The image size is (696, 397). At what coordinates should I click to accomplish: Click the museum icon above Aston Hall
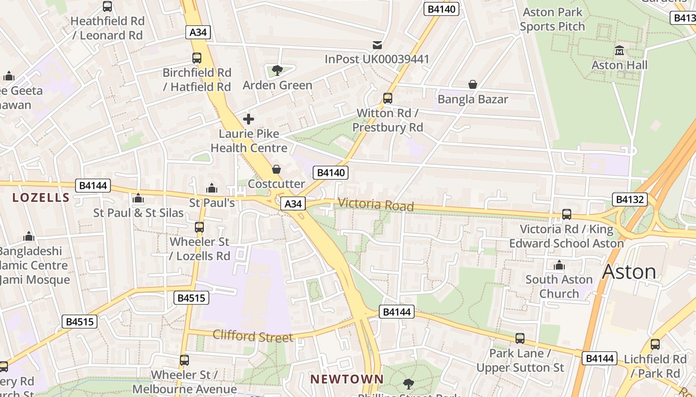pos(619,51)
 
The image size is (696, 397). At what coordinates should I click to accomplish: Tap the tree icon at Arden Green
pos(277,70)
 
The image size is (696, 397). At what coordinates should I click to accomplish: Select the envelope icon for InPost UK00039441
pos(377,45)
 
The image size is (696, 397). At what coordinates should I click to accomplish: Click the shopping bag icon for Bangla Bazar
pos(473,85)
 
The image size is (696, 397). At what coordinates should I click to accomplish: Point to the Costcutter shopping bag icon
pos(276,170)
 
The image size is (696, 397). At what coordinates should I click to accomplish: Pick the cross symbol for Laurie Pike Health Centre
pos(249,119)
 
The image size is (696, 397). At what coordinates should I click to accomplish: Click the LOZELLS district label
pos(41,198)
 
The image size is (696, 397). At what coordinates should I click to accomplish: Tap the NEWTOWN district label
pos(347,379)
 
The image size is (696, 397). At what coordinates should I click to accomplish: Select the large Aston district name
pos(629,271)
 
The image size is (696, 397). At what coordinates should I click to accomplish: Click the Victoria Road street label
pos(376,204)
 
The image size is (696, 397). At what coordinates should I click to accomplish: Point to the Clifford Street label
pos(253,336)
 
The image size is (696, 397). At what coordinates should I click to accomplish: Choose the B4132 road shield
pos(630,199)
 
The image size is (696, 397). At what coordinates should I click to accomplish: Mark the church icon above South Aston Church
pos(559,265)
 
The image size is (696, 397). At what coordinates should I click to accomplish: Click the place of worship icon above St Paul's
pos(212,189)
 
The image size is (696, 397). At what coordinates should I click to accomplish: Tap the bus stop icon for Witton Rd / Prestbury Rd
pos(388,98)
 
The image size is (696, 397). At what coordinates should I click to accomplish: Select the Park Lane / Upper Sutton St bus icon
pos(520,338)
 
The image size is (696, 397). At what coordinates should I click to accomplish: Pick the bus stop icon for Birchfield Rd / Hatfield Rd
pos(197,58)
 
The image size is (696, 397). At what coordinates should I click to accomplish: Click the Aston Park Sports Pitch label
pos(552,19)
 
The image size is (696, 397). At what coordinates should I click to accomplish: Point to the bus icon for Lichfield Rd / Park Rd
pos(655,344)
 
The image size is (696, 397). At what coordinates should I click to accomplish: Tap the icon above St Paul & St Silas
pos(138,199)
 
